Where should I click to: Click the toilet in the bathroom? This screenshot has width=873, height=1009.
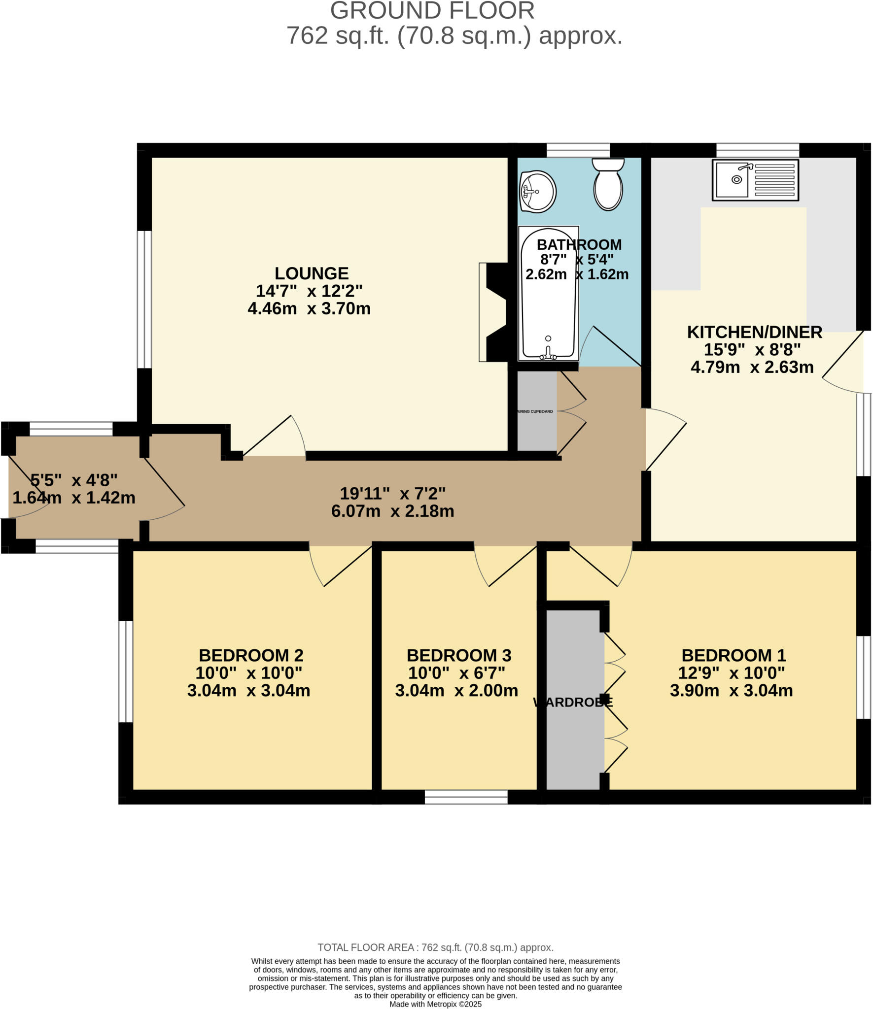pos(608,184)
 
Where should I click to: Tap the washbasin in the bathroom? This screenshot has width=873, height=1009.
pos(537,191)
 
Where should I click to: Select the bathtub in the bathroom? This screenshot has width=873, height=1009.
pos(548,293)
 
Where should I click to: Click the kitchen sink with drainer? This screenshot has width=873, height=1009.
pos(755,180)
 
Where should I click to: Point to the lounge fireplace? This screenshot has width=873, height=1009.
pos(494,312)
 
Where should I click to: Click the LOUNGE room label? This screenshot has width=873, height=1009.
pos(311,273)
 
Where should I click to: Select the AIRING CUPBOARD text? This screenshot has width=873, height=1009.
pos(535,411)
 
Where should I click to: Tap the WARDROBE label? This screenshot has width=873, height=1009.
pos(573,703)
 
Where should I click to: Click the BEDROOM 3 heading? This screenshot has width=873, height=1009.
pos(458,655)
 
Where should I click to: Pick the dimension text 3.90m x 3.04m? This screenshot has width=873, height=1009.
pos(731,691)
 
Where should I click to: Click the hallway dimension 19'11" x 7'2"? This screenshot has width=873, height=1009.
pos(392,493)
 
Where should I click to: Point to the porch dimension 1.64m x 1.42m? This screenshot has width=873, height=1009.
pos(74,498)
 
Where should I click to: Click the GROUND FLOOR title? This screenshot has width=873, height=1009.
pos(432,11)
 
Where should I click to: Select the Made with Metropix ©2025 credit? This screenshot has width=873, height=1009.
pos(435,1004)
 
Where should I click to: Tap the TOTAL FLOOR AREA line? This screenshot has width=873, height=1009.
pos(435,947)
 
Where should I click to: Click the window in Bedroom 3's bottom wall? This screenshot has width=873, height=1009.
pos(466,797)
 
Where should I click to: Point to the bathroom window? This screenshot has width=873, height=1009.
pos(578,150)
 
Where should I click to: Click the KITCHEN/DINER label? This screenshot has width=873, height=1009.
pos(754,332)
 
